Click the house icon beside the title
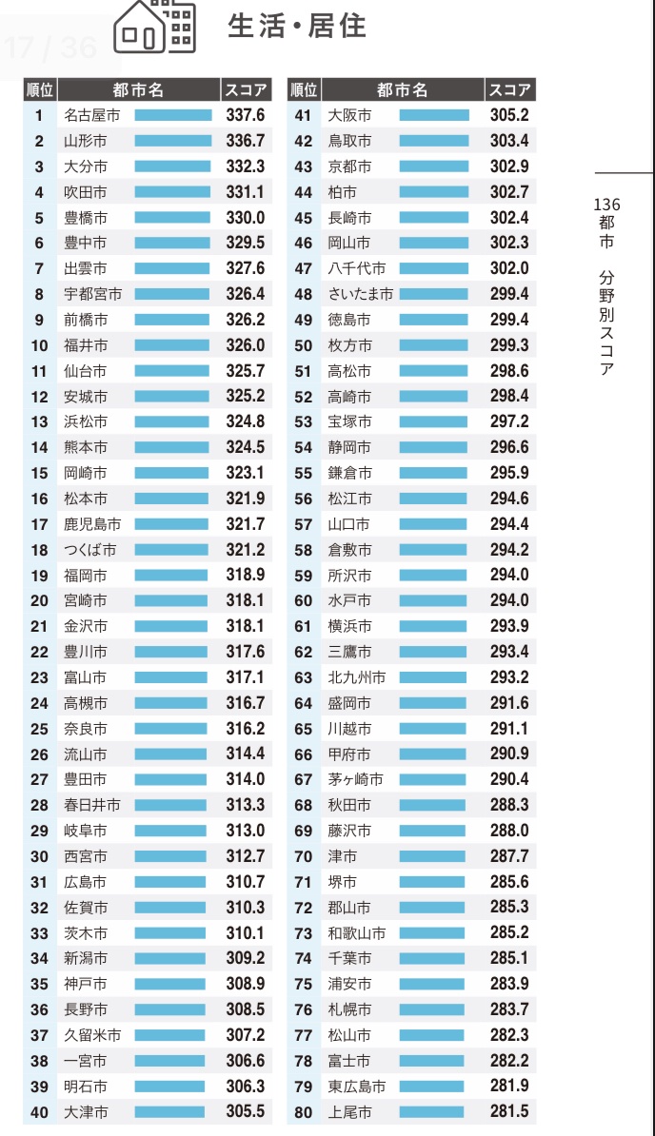154,26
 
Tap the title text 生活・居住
296,26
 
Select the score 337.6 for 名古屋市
246,115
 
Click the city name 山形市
86,141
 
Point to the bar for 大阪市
434,115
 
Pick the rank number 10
39,345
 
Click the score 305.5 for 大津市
246,1111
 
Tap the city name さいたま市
360,294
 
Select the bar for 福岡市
171,576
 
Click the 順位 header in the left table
40,89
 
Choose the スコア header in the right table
509,89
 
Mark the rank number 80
304,1111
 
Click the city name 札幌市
349,1009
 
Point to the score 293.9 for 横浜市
509,626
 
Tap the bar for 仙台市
172,371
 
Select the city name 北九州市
357,677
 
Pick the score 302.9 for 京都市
509,166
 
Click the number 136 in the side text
606,205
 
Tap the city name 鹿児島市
92,524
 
